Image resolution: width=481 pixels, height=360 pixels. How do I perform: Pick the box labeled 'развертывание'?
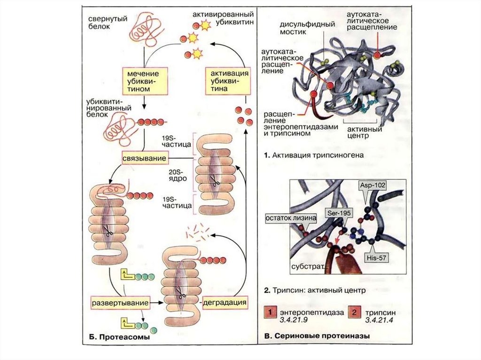(x=120, y=303)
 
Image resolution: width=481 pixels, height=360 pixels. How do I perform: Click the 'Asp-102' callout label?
(x=370, y=185)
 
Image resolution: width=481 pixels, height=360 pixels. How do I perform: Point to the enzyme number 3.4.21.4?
(x=380, y=320)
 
